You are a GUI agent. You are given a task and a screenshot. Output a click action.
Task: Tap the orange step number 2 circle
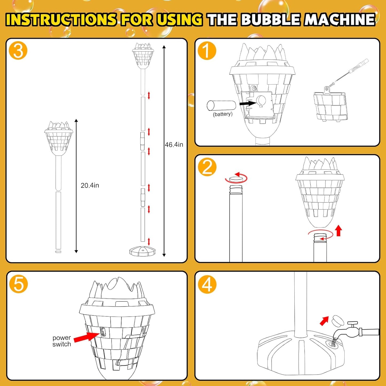tap(207, 167)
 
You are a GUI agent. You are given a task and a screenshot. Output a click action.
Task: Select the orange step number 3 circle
tap(18, 50)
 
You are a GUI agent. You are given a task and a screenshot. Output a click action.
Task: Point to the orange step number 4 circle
tap(207, 284)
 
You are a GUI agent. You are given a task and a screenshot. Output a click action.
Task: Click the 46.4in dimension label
tap(174, 145)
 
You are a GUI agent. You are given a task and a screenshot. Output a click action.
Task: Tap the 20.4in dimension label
tap(90, 185)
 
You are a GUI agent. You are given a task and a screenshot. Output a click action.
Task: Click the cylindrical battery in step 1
tap(221, 106)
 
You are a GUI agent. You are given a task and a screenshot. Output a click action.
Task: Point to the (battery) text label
tap(223, 114)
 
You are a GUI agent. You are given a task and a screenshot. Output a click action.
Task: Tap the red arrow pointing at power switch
tap(83, 337)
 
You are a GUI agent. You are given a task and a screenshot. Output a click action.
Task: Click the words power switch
tap(62, 341)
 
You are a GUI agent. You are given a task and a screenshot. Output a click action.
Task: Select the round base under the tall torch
tap(142, 251)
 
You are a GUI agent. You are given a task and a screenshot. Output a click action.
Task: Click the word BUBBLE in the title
tap(272, 20)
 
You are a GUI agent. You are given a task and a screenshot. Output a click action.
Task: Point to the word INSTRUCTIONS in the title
tap(61, 20)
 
